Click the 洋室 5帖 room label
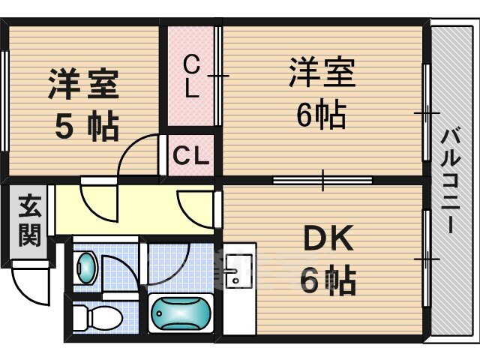pos(83,105)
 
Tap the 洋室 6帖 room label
pos(322,93)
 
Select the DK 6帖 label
pos(328,259)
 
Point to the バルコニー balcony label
pos(451,181)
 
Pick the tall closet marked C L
pos(190,76)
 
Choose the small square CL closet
pos(190,155)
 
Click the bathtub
pos(181,313)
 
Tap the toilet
pos(97,316)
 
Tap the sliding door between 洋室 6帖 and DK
pos(322,180)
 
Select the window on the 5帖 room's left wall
pos(5,101)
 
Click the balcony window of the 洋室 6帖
pos(427,112)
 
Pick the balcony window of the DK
pos(427,259)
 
